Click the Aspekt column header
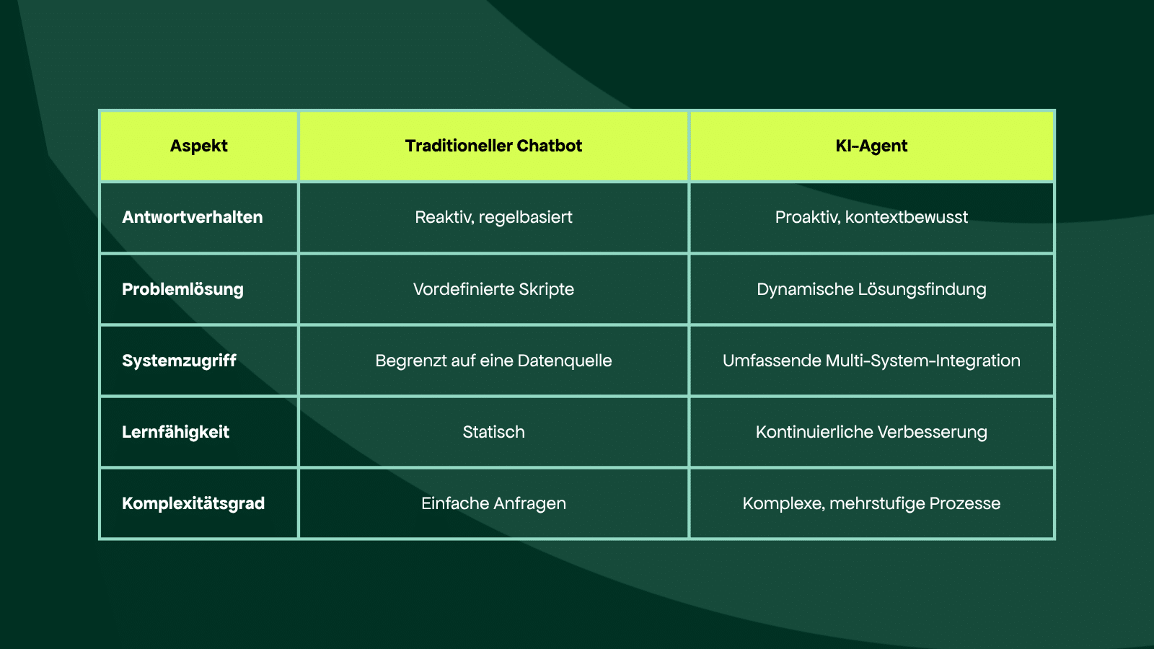click(199, 146)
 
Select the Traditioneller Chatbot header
click(493, 146)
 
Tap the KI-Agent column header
click(871, 146)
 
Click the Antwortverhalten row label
click(192, 217)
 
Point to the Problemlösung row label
click(182, 289)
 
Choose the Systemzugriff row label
click(179, 361)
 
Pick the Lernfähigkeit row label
click(175, 432)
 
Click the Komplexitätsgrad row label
click(193, 503)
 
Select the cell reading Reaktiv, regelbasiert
click(493, 217)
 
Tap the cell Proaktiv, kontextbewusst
click(871, 217)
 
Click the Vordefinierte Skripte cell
click(493, 289)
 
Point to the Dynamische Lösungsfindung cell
click(871, 289)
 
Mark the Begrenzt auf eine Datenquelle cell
click(493, 361)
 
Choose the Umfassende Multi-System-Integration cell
click(871, 361)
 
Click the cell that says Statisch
click(493, 432)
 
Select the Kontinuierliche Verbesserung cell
click(871, 432)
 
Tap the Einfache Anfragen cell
click(493, 503)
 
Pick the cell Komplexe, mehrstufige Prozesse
click(871, 503)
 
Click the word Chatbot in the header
click(549, 146)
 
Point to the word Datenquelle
click(565, 361)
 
